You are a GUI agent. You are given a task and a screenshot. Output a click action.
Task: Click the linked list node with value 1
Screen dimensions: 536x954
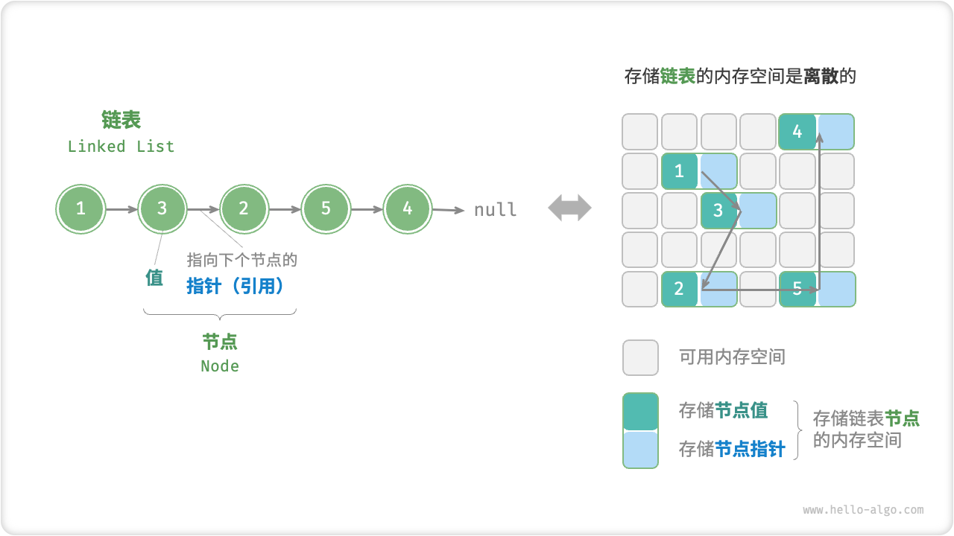tap(80, 209)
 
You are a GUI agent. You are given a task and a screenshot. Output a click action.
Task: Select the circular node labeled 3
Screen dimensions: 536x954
tap(162, 209)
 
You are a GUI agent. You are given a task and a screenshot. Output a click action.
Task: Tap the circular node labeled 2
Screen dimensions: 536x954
tap(244, 209)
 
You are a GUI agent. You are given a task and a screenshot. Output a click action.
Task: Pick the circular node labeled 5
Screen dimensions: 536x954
tap(326, 209)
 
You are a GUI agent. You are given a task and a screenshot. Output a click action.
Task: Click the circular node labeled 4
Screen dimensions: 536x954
tap(407, 209)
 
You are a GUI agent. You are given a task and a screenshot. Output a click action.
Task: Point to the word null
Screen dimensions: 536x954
tap(496, 210)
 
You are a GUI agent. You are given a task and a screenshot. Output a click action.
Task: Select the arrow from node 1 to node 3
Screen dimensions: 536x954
tap(121, 210)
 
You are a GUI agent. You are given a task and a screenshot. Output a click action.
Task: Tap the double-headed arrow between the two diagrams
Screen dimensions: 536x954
tap(569, 208)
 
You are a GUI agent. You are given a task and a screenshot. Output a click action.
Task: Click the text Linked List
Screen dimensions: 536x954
tap(121, 147)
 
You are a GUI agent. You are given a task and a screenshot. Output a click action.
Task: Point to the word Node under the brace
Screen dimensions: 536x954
tap(220, 366)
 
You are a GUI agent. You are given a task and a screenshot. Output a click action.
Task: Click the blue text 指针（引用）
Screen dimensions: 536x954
tap(236, 286)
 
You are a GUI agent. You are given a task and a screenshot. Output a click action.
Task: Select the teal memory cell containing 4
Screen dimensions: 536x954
tap(797, 132)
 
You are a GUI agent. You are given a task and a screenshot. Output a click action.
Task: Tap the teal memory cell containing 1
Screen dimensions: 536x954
tap(679, 171)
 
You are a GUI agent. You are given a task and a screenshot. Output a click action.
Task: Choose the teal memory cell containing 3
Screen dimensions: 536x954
tap(718, 211)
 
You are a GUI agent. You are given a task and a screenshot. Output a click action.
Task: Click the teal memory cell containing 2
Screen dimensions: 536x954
tap(679, 289)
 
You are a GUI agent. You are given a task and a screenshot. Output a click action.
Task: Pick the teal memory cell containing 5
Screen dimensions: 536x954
tap(797, 289)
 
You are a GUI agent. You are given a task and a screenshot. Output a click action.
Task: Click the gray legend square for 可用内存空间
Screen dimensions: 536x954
tap(640, 357)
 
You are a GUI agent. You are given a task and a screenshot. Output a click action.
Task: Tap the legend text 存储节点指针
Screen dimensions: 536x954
tap(731, 449)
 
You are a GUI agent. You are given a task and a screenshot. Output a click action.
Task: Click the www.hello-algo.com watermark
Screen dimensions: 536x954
tap(863, 510)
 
